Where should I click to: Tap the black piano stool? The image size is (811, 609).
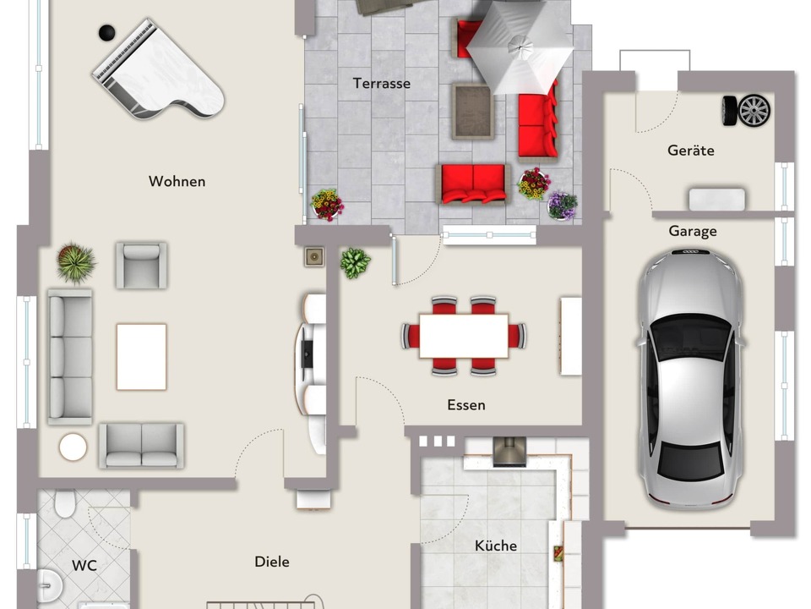pyautogui.click(x=107, y=33)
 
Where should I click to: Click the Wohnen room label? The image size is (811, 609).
pyautogui.click(x=177, y=181)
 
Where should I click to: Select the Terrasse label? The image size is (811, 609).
pyautogui.click(x=382, y=83)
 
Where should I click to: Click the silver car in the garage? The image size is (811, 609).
pyautogui.click(x=692, y=378)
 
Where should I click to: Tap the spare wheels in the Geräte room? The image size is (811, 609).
pyautogui.click(x=746, y=110)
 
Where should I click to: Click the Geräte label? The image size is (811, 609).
pyautogui.click(x=691, y=151)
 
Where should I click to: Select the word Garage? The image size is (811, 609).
pyautogui.click(x=693, y=231)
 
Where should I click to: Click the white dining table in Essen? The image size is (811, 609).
pyautogui.click(x=464, y=336)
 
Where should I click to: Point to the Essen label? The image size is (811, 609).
pyautogui.click(x=466, y=404)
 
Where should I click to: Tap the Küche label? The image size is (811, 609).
pyautogui.click(x=496, y=546)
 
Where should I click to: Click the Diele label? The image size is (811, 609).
pyautogui.click(x=271, y=562)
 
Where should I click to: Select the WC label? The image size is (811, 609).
pyautogui.click(x=84, y=565)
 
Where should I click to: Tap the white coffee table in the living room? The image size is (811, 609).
pyautogui.click(x=141, y=357)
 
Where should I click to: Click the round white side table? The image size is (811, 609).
pyautogui.click(x=73, y=447)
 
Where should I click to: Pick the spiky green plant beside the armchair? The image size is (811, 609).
pyautogui.click(x=76, y=263)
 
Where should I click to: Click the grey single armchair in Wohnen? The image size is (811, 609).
pyautogui.click(x=141, y=265)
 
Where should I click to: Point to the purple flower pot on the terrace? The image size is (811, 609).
pyautogui.click(x=563, y=206)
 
